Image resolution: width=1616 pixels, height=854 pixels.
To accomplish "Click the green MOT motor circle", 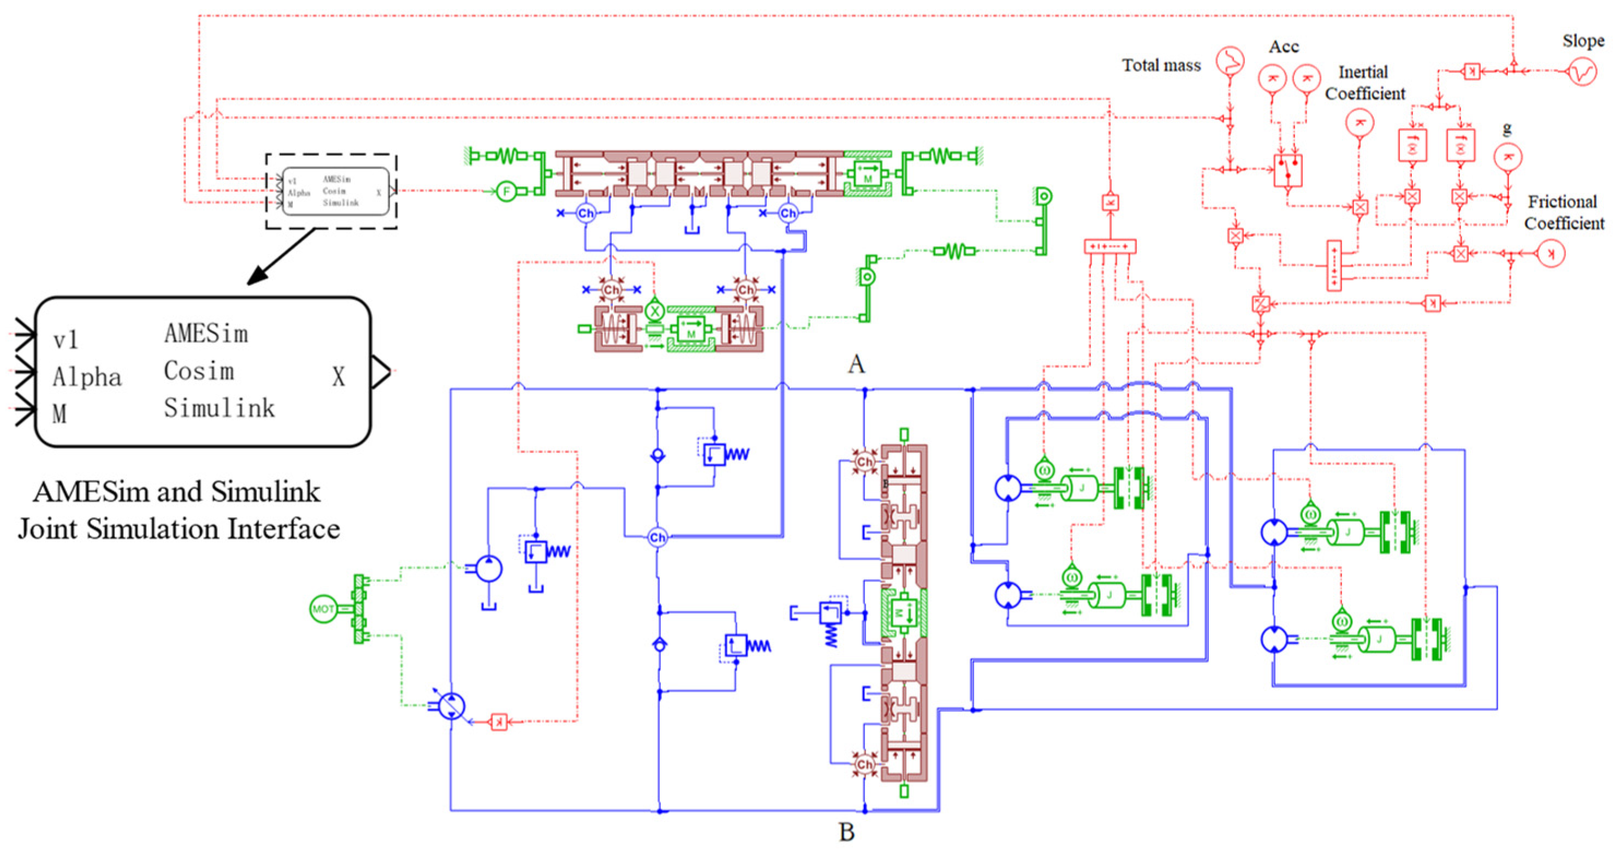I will (x=323, y=609).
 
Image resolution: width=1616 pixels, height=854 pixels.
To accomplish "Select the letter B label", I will (x=846, y=832).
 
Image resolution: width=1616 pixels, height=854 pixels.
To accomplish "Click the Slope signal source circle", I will (x=1582, y=72).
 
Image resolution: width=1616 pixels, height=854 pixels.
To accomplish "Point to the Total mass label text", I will (x=1161, y=66).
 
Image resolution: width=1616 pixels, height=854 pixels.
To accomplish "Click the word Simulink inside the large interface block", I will (x=219, y=408).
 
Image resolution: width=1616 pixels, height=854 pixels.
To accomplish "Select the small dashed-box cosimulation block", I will (x=331, y=191).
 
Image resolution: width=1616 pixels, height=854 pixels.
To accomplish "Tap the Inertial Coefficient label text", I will (x=1364, y=83).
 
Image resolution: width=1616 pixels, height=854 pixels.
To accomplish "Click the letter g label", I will (x=1507, y=129).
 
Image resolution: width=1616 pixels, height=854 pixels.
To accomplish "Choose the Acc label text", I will (x=1284, y=46).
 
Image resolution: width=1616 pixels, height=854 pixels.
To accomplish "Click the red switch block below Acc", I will (x=1288, y=170).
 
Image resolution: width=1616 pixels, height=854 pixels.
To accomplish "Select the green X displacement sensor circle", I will (x=654, y=310).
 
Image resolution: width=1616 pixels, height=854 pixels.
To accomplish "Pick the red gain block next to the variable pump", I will (x=499, y=722).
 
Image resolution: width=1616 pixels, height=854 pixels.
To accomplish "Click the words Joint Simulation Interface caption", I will (x=179, y=529).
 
